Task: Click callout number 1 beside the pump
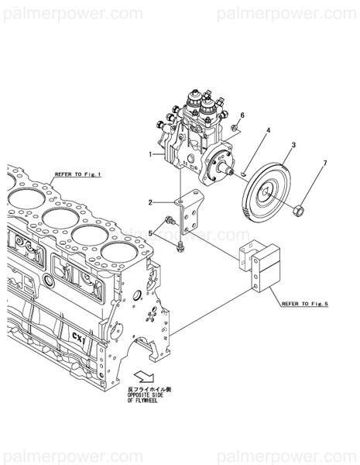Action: [151, 155]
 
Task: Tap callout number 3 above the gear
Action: [293, 146]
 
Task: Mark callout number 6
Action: [242, 115]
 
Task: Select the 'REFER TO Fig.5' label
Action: [305, 304]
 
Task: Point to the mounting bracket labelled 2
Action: [187, 217]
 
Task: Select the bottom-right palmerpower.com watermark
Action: [286, 450]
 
